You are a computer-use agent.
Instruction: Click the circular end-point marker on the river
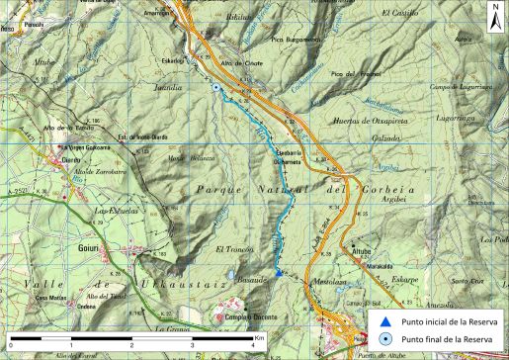215,89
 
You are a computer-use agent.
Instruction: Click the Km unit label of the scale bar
260,337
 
